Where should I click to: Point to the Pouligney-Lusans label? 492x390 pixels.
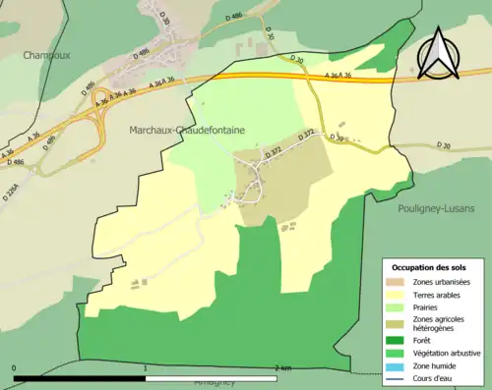coord(436,207)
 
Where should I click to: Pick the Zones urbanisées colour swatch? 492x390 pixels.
coord(399,283)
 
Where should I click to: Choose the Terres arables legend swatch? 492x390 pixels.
coord(399,295)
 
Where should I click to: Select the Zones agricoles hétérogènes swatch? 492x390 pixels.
coord(399,323)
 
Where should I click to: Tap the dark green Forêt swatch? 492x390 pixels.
coord(399,340)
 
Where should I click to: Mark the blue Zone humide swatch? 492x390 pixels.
coord(399,363)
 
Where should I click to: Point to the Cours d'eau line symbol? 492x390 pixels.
coord(399,375)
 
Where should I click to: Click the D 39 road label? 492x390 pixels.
coord(338,137)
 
